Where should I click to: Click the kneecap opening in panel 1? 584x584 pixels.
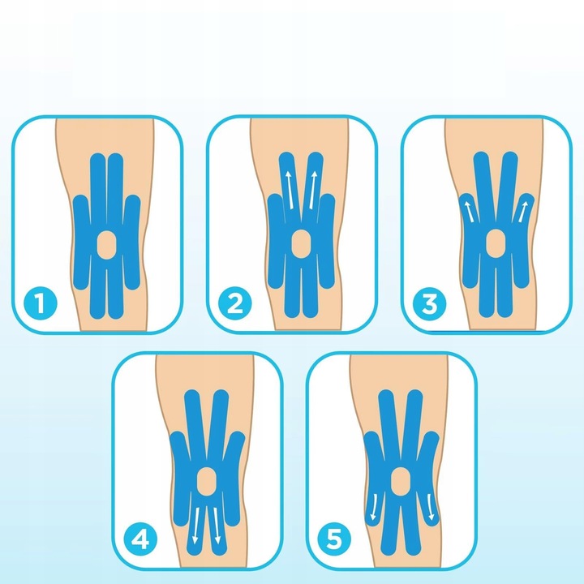pyautogui.click(x=106, y=243)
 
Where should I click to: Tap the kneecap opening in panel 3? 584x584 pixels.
pyautogui.click(x=496, y=243)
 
